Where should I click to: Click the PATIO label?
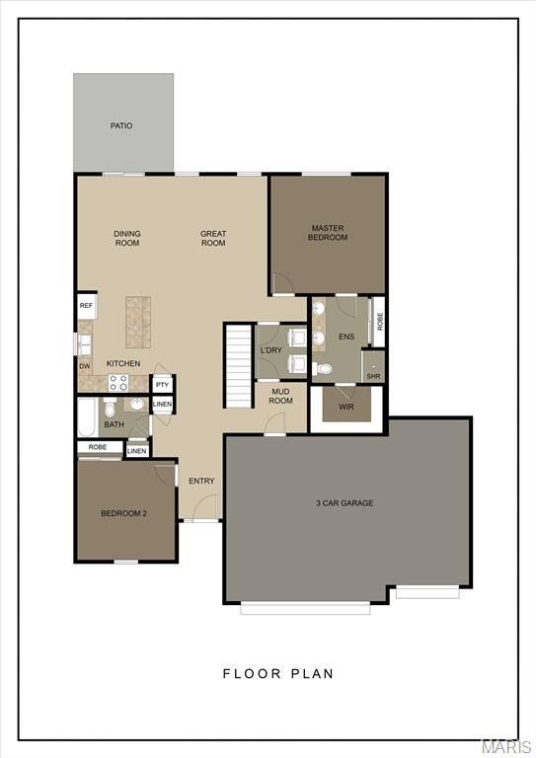(121, 126)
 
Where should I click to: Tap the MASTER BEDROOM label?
(328, 232)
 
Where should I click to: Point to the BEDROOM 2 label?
(124, 513)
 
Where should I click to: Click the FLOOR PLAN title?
(277, 674)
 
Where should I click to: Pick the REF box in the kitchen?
(87, 306)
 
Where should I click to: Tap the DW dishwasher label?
(85, 365)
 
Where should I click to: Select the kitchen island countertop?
(137, 321)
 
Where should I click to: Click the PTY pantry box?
(163, 384)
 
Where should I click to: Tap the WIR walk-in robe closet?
(345, 406)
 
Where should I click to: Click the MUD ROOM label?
(281, 396)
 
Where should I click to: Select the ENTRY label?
(201, 481)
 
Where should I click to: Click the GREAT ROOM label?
(213, 238)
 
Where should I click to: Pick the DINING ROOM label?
(127, 238)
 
